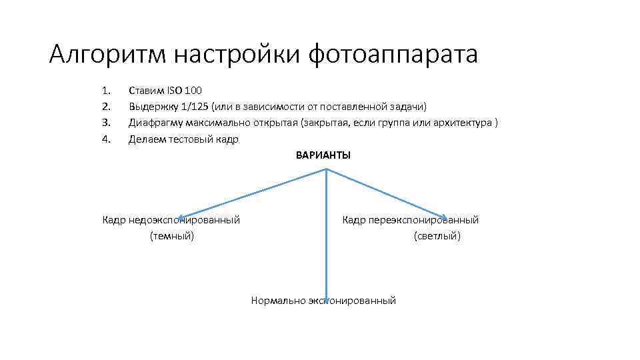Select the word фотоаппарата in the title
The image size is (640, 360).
pos(393,55)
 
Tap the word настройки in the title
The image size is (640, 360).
pos(237,55)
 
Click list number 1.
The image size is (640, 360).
pos(105,91)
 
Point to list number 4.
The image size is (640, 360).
pos(105,139)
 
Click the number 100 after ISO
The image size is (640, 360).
pos(192,91)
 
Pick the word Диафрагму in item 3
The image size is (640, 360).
pos(154,123)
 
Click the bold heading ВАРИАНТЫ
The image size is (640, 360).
pos(323,155)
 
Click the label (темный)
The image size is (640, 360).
pos(172,236)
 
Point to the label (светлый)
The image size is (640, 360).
pos(437,236)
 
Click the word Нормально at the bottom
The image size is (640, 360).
pos(277,301)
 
